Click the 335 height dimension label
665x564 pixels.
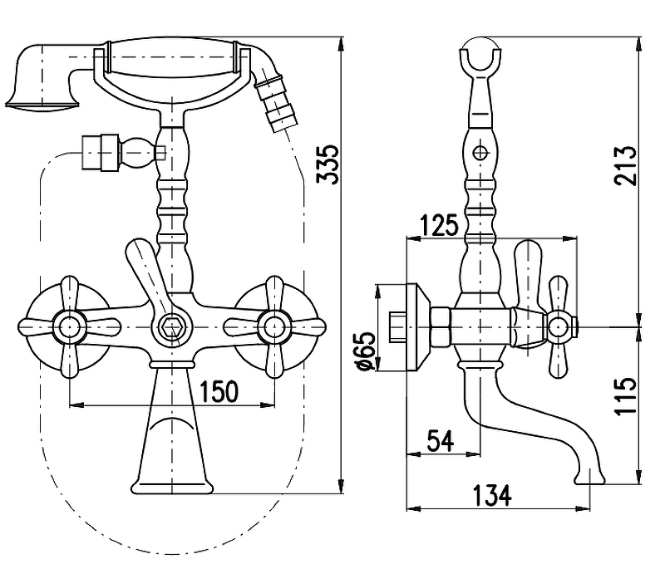(328, 164)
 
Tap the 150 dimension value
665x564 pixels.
(219, 391)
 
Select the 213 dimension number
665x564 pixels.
(626, 165)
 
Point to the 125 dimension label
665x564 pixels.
(440, 225)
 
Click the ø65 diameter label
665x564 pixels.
(367, 351)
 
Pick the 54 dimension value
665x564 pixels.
(441, 441)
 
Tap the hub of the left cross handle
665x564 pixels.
(70, 327)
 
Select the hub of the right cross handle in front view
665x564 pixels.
(274, 327)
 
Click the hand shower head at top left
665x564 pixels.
(42, 77)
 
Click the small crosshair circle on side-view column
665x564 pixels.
(480, 153)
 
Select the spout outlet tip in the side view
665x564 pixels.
(590, 479)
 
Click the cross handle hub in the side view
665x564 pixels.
(558, 327)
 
